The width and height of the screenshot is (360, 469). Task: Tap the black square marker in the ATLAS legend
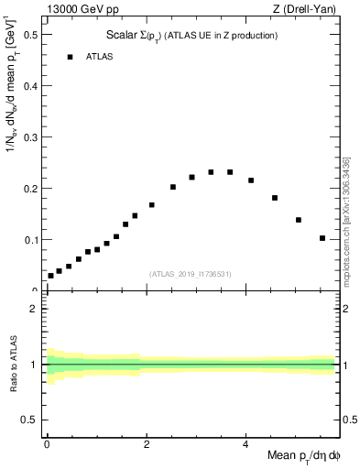coord(69,57)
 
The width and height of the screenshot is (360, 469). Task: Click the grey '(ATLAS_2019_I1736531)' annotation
coord(191,274)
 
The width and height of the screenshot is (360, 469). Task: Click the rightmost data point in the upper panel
coord(322,238)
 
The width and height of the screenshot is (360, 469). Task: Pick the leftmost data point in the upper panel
coord(51,276)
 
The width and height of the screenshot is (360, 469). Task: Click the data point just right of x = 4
coord(251,180)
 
